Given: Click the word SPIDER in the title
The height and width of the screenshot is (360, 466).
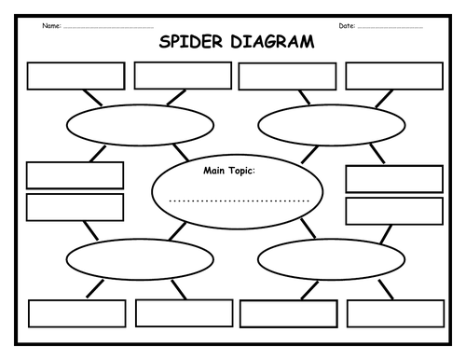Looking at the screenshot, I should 189,43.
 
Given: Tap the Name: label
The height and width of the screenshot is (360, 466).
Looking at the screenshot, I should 52,25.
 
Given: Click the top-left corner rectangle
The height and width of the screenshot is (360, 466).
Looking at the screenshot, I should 76,76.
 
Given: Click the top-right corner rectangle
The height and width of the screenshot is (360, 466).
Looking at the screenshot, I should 394,76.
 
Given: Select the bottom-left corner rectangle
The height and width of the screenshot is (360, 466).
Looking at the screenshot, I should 76,313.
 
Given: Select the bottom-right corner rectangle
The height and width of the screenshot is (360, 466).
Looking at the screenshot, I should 394,313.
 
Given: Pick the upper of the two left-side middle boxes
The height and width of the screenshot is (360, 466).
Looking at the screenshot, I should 75,175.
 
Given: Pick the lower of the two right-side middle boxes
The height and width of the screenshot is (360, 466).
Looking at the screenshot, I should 394,211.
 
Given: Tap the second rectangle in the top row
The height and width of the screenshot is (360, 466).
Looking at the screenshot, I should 183,76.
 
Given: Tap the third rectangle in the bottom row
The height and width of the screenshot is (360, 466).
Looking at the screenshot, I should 288,313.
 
